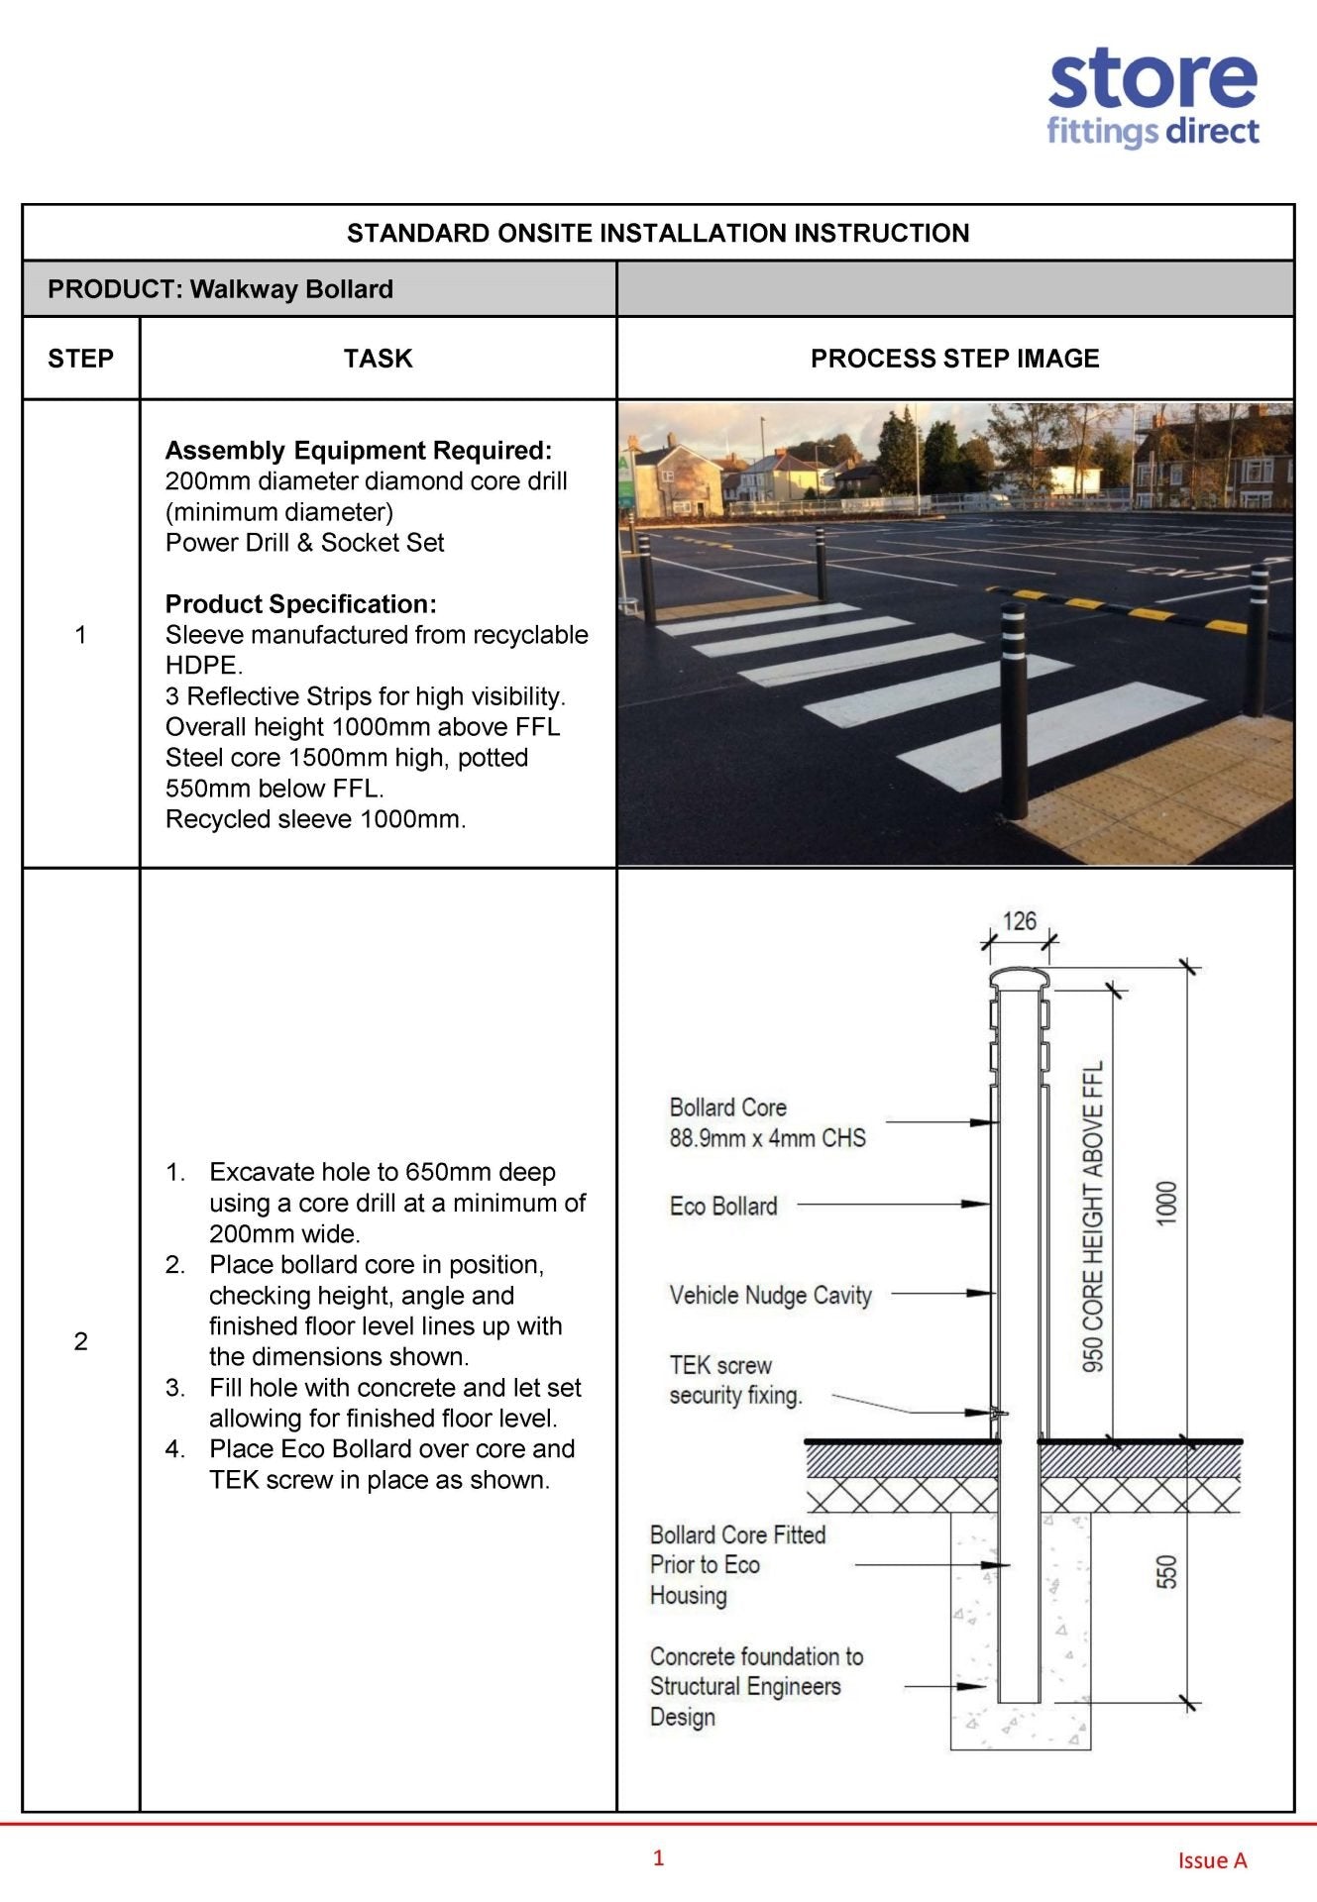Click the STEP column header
pyautogui.click(x=80, y=359)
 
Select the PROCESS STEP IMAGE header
pyautogui.click(x=954, y=359)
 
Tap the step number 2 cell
pyautogui.click(x=80, y=1341)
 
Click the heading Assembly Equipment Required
pyautogui.click(x=358, y=451)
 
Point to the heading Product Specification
pyautogui.click(x=300, y=604)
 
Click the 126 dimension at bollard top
pyautogui.click(x=1019, y=920)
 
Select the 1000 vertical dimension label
pyautogui.click(x=1166, y=1203)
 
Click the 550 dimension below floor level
pyautogui.click(x=1167, y=1572)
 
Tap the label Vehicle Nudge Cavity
pyautogui.click(x=770, y=1296)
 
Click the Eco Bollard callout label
pyautogui.click(x=723, y=1207)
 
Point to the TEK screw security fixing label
pyautogui.click(x=735, y=1380)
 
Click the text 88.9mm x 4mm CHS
pyautogui.click(x=767, y=1138)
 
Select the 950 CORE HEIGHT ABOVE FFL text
pyautogui.click(x=1092, y=1216)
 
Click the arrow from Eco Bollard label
pyautogui.click(x=892, y=1205)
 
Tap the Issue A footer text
pyautogui.click(x=1211, y=1860)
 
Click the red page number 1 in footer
pyautogui.click(x=658, y=1857)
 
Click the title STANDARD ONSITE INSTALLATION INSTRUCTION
pyautogui.click(x=658, y=233)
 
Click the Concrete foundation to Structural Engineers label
pyautogui.click(x=756, y=1686)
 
